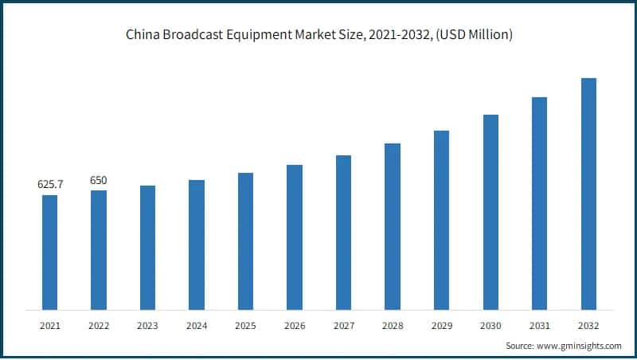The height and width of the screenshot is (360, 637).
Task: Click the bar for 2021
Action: [x=49, y=252]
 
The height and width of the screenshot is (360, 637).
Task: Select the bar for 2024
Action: [x=197, y=245]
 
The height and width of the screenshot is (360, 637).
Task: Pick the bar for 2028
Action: [x=393, y=226]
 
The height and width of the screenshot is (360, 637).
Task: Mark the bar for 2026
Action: [x=295, y=237]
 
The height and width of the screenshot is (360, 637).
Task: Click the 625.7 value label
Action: [x=50, y=185]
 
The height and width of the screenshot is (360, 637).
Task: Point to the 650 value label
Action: [x=99, y=181]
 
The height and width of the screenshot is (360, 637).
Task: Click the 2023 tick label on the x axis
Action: [x=147, y=326]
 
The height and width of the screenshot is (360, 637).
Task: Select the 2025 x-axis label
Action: [x=245, y=326]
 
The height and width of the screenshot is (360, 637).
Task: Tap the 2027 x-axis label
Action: [x=343, y=326]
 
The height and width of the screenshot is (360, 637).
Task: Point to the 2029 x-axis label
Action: [x=441, y=326]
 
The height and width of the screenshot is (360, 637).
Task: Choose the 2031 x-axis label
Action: [x=539, y=326]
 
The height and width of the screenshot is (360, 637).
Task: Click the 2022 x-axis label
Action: [x=99, y=326]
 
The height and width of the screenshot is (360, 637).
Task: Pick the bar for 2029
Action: [x=441, y=220]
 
